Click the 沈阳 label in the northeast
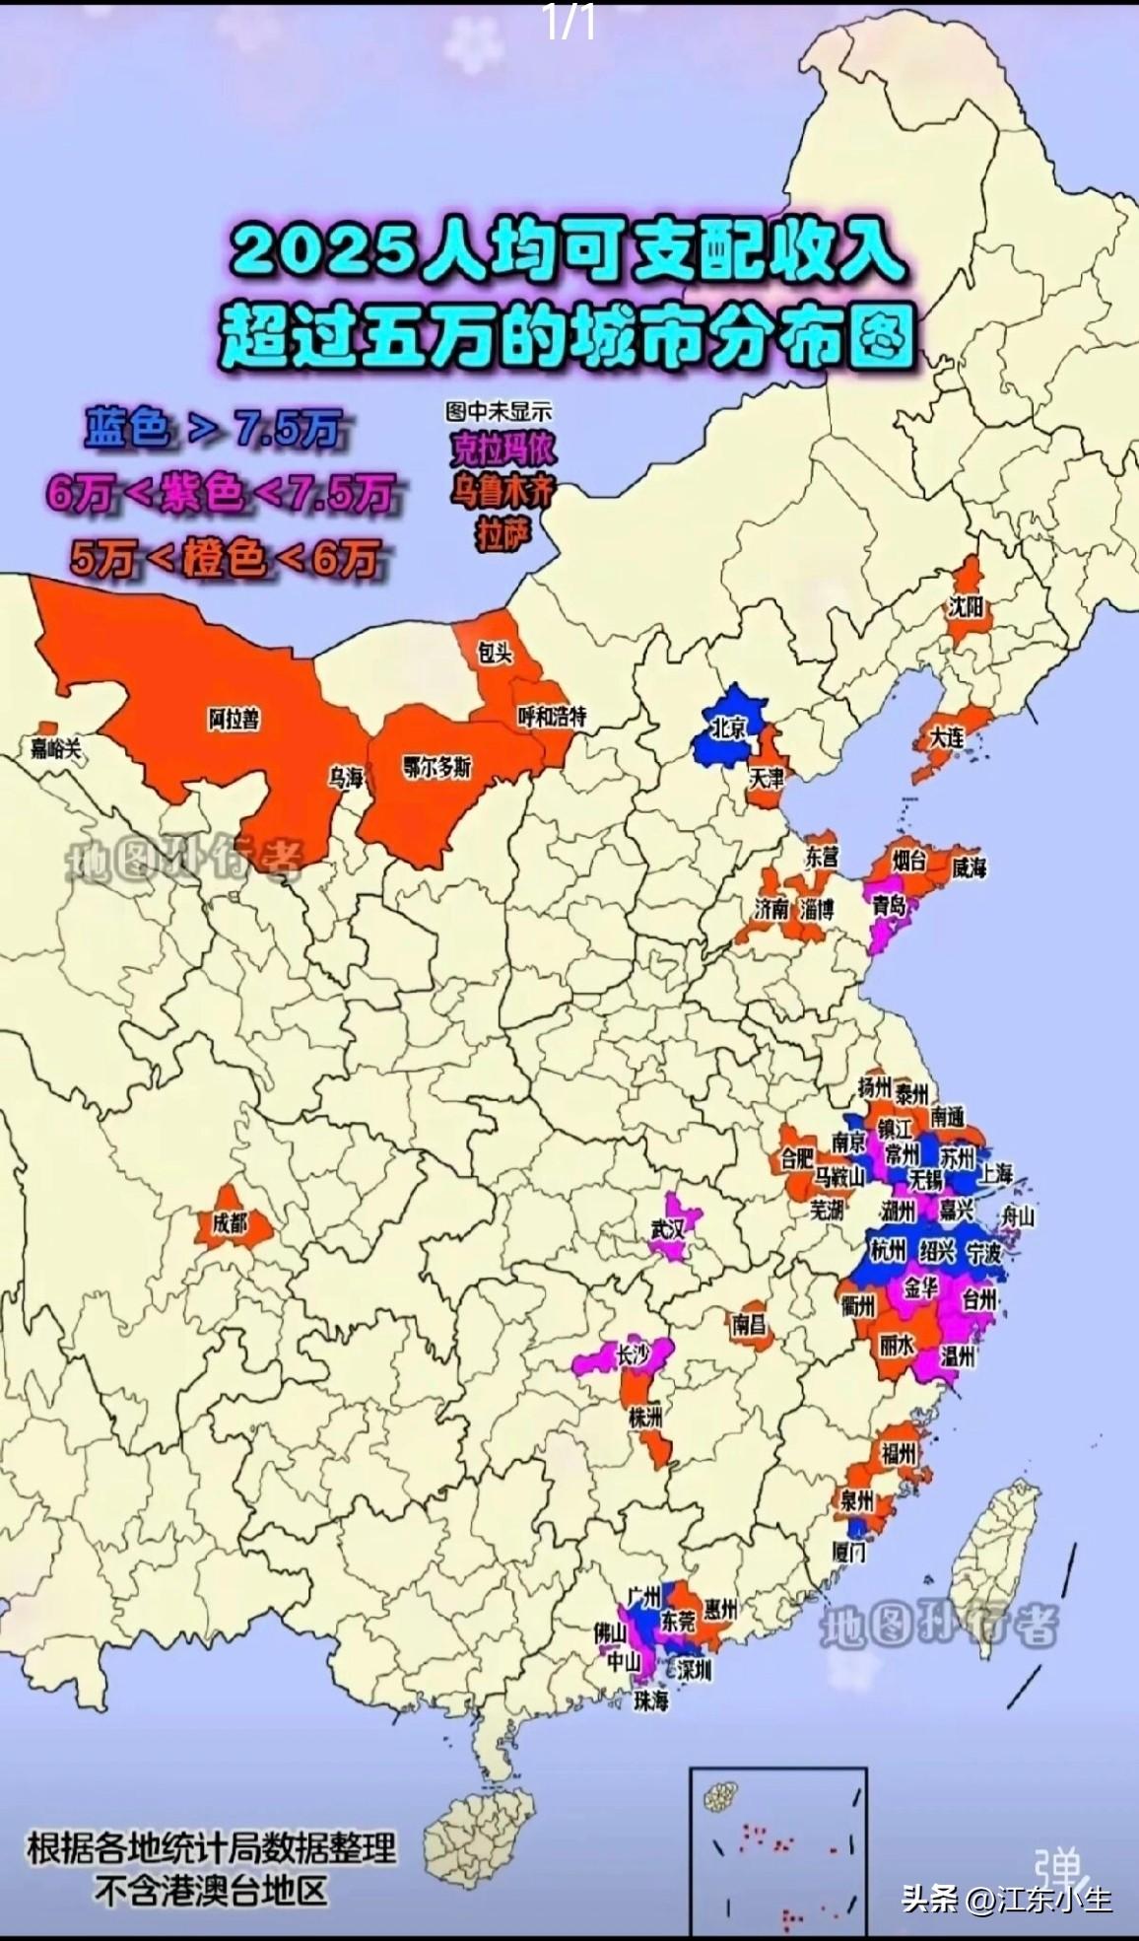[x=967, y=607]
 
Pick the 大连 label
[x=947, y=735]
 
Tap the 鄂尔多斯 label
[x=437, y=766]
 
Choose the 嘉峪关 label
[x=55, y=748]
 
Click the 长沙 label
[x=634, y=1355]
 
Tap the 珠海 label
[x=651, y=1699]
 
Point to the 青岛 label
[x=889, y=904]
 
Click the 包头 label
[x=495, y=653]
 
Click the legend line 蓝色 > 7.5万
[x=212, y=430]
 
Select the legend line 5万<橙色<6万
[x=225, y=560]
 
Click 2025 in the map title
[x=321, y=251]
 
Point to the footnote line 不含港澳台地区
[x=211, y=1892]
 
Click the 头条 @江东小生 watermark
[x=1006, y=1898]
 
